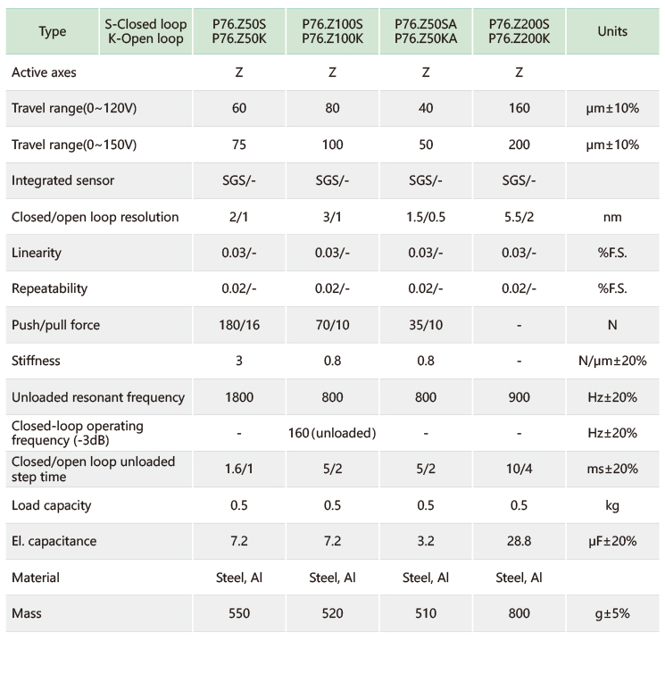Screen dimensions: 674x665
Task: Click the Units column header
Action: [612, 31]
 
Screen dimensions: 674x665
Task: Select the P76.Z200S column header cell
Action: [519, 31]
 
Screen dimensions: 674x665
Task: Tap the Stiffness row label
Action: [37, 361]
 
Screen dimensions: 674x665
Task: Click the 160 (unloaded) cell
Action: [333, 433]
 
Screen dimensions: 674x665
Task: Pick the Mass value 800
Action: [519, 613]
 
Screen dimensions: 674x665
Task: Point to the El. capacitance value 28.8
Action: [519, 541]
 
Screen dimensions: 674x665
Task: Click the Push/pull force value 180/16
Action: [239, 325]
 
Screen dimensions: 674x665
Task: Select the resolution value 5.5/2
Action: [519, 217]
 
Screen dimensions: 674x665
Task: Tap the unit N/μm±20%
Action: [612, 361]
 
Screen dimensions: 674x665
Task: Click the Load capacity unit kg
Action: [612, 505]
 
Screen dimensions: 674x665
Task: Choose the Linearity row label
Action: [37, 253]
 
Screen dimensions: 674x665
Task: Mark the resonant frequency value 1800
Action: [239, 397]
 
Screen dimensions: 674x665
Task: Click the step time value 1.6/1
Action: [239, 469]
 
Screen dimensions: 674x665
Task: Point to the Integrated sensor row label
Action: [63, 180]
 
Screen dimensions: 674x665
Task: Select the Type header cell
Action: [53, 31]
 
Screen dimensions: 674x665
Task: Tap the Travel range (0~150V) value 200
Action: [519, 145]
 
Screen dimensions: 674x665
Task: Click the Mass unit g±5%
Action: [612, 613]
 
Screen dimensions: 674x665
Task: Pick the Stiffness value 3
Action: [239, 361]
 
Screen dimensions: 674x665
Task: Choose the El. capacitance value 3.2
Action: [426, 541]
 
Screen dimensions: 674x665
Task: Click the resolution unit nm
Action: [612, 217]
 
